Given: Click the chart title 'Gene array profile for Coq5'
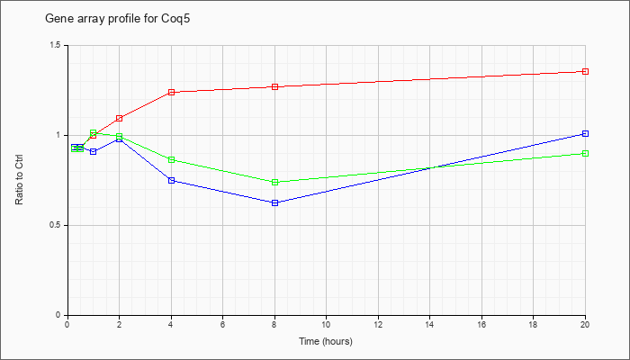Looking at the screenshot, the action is click(117, 19).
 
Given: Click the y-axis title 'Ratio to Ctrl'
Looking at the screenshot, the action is click(19, 180).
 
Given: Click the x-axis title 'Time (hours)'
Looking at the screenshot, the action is click(326, 341).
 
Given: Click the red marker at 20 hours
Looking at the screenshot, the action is click(585, 71).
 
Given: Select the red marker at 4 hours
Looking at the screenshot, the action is click(172, 92).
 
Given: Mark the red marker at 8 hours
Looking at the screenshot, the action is click(275, 86).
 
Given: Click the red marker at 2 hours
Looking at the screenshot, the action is click(120, 118).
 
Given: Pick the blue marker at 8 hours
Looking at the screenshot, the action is click(275, 202).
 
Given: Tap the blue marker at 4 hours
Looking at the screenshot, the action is click(172, 180).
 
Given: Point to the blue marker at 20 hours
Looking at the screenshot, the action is click(585, 133).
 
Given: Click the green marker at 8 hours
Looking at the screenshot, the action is click(275, 182).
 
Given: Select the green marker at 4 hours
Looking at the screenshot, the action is click(172, 159).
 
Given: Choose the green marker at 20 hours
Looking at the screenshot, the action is click(585, 154).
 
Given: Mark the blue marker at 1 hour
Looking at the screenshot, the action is click(94, 151).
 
